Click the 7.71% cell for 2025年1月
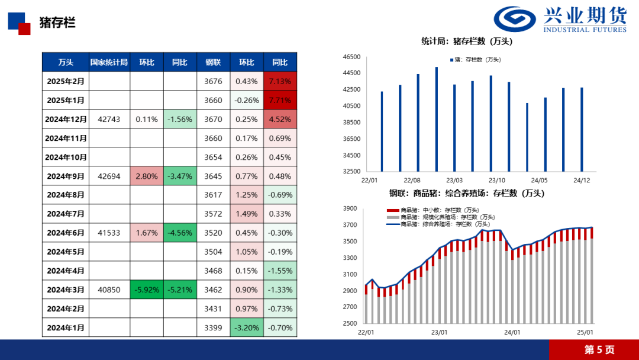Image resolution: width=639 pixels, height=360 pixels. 280,100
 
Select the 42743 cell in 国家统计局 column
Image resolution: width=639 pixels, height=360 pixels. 109,119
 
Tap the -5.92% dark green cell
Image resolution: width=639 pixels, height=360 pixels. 147,290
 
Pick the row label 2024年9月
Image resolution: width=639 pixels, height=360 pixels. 66,176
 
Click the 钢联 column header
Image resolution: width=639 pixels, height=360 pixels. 213,62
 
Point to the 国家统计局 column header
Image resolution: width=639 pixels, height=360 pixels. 109,62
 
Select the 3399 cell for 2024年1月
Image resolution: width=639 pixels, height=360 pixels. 213,327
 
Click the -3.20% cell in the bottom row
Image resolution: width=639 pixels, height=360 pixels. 246,327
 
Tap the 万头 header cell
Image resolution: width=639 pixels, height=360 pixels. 66,62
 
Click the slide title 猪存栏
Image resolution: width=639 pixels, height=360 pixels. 57,23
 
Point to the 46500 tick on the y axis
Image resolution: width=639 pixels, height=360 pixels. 351,57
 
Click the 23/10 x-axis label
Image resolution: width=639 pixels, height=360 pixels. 497,180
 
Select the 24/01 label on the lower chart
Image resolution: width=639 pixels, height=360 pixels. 512,332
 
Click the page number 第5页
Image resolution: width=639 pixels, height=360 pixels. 599,349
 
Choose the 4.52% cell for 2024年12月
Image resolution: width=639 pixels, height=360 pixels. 280,119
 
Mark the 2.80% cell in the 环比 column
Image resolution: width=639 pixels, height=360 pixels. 147,176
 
